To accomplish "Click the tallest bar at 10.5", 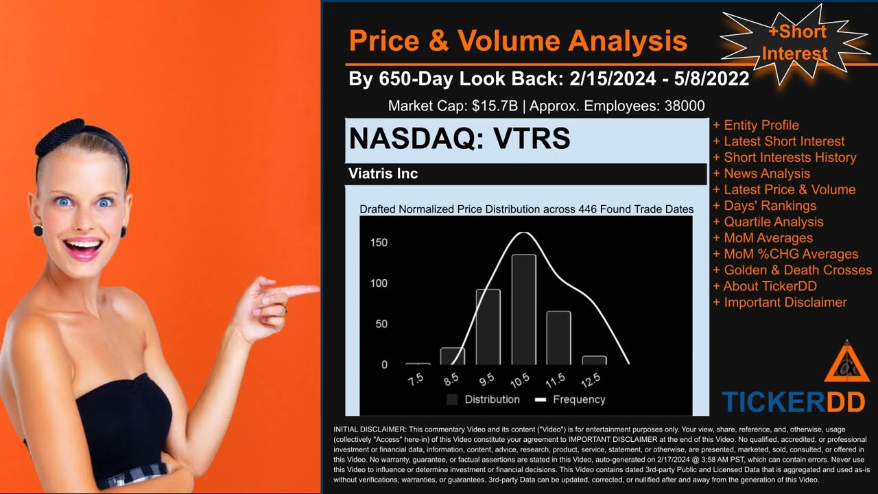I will [x=524, y=309].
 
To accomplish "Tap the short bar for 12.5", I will [x=594, y=360].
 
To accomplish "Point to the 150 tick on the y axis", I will [x=379, y=243].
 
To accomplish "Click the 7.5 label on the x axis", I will [x=415, y=379].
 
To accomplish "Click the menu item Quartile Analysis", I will [x=773, y=222].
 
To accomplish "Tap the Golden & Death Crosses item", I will [x=797, y=270].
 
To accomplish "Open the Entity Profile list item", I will [x=761, y=125].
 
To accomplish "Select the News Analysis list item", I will [x=766, y=174].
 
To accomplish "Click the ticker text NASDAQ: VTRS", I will [x=460, y=139].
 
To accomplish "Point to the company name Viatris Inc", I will [x=383, y=174].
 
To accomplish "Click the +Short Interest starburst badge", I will [x=795, y=42].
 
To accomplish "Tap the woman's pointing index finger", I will [x=302, y=290].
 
